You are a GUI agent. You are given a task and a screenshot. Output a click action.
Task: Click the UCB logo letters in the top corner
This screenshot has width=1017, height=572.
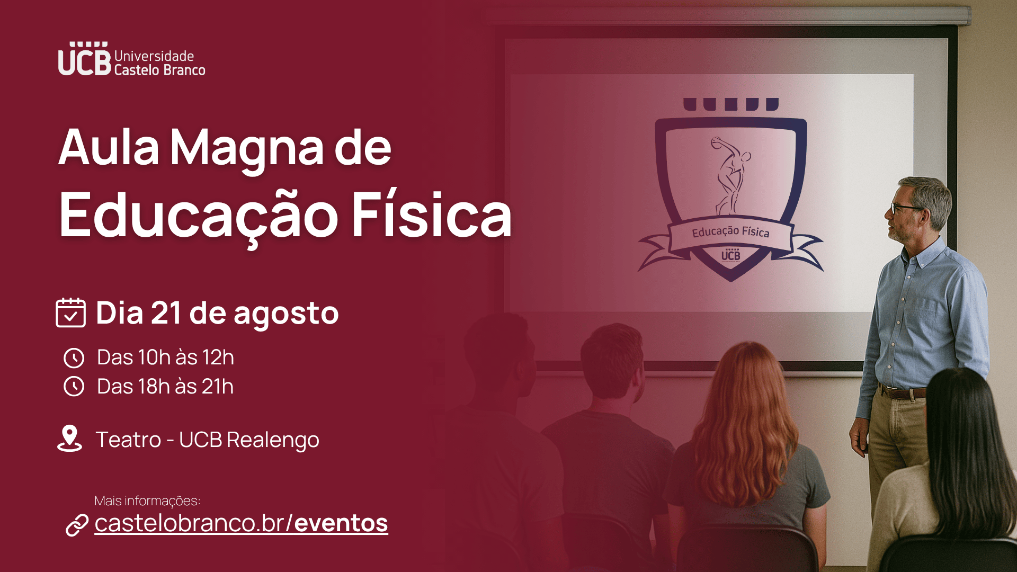(x=85, y=59)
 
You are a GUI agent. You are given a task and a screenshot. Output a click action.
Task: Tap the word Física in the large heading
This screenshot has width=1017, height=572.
(x=432, y=215)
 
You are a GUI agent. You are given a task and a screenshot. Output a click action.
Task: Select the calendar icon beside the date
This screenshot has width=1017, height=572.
(x=70, y=312)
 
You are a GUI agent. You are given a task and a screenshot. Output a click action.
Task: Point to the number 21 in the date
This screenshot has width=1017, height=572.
(x=166, y=312)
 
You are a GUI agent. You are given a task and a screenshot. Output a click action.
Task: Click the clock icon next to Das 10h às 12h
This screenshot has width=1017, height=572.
(x=74, y=358)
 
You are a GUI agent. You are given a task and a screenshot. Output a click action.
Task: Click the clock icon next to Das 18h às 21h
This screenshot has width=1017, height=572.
(x=74, y=387)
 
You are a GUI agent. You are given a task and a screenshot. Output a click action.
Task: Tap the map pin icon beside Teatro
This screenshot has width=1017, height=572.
(x=69, y=439)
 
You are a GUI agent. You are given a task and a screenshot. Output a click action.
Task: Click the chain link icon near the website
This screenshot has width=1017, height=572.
(x=77, y=525)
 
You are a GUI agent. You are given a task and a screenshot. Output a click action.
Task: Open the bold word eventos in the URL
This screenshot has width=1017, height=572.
(x=341, y=523)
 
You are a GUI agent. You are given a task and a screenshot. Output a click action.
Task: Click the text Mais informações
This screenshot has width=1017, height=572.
(x=147, y=501)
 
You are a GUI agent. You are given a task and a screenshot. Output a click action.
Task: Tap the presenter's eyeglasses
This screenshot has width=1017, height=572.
(x=905, y=207)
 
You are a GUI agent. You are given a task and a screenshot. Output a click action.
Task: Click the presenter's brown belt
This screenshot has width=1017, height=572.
(x=903, y=392)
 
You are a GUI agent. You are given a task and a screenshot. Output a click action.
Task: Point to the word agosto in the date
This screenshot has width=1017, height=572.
(x=286, y=315)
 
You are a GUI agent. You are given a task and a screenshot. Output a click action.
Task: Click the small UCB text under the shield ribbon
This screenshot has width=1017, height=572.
(x=730, y=255)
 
